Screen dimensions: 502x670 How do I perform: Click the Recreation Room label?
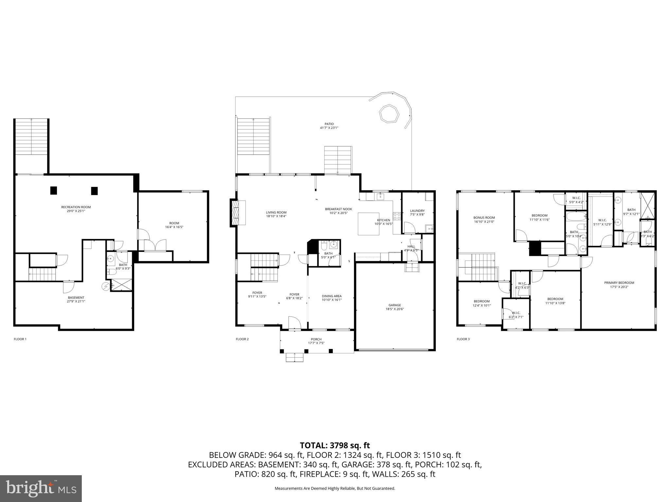tap(76, 207)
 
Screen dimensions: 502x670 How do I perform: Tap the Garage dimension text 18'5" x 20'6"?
tap(395, 309)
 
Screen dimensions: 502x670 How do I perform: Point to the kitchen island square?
tap(369, 224)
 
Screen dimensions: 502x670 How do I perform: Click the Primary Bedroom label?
tap(619, 283)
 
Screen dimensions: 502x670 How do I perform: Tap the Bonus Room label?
tap(484, 218)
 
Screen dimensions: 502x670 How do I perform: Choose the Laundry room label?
tap(417, 211)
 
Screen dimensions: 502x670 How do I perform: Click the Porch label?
tap(316, 339)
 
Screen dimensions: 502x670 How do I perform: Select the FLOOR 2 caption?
tap(242, 339)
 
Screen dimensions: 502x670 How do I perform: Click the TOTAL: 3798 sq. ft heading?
tap(335, 445)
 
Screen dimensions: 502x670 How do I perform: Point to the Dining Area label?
tap(332, 296)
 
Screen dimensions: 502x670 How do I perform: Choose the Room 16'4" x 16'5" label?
tap(174, 223)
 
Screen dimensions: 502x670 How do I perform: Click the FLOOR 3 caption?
tap(463, 339)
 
